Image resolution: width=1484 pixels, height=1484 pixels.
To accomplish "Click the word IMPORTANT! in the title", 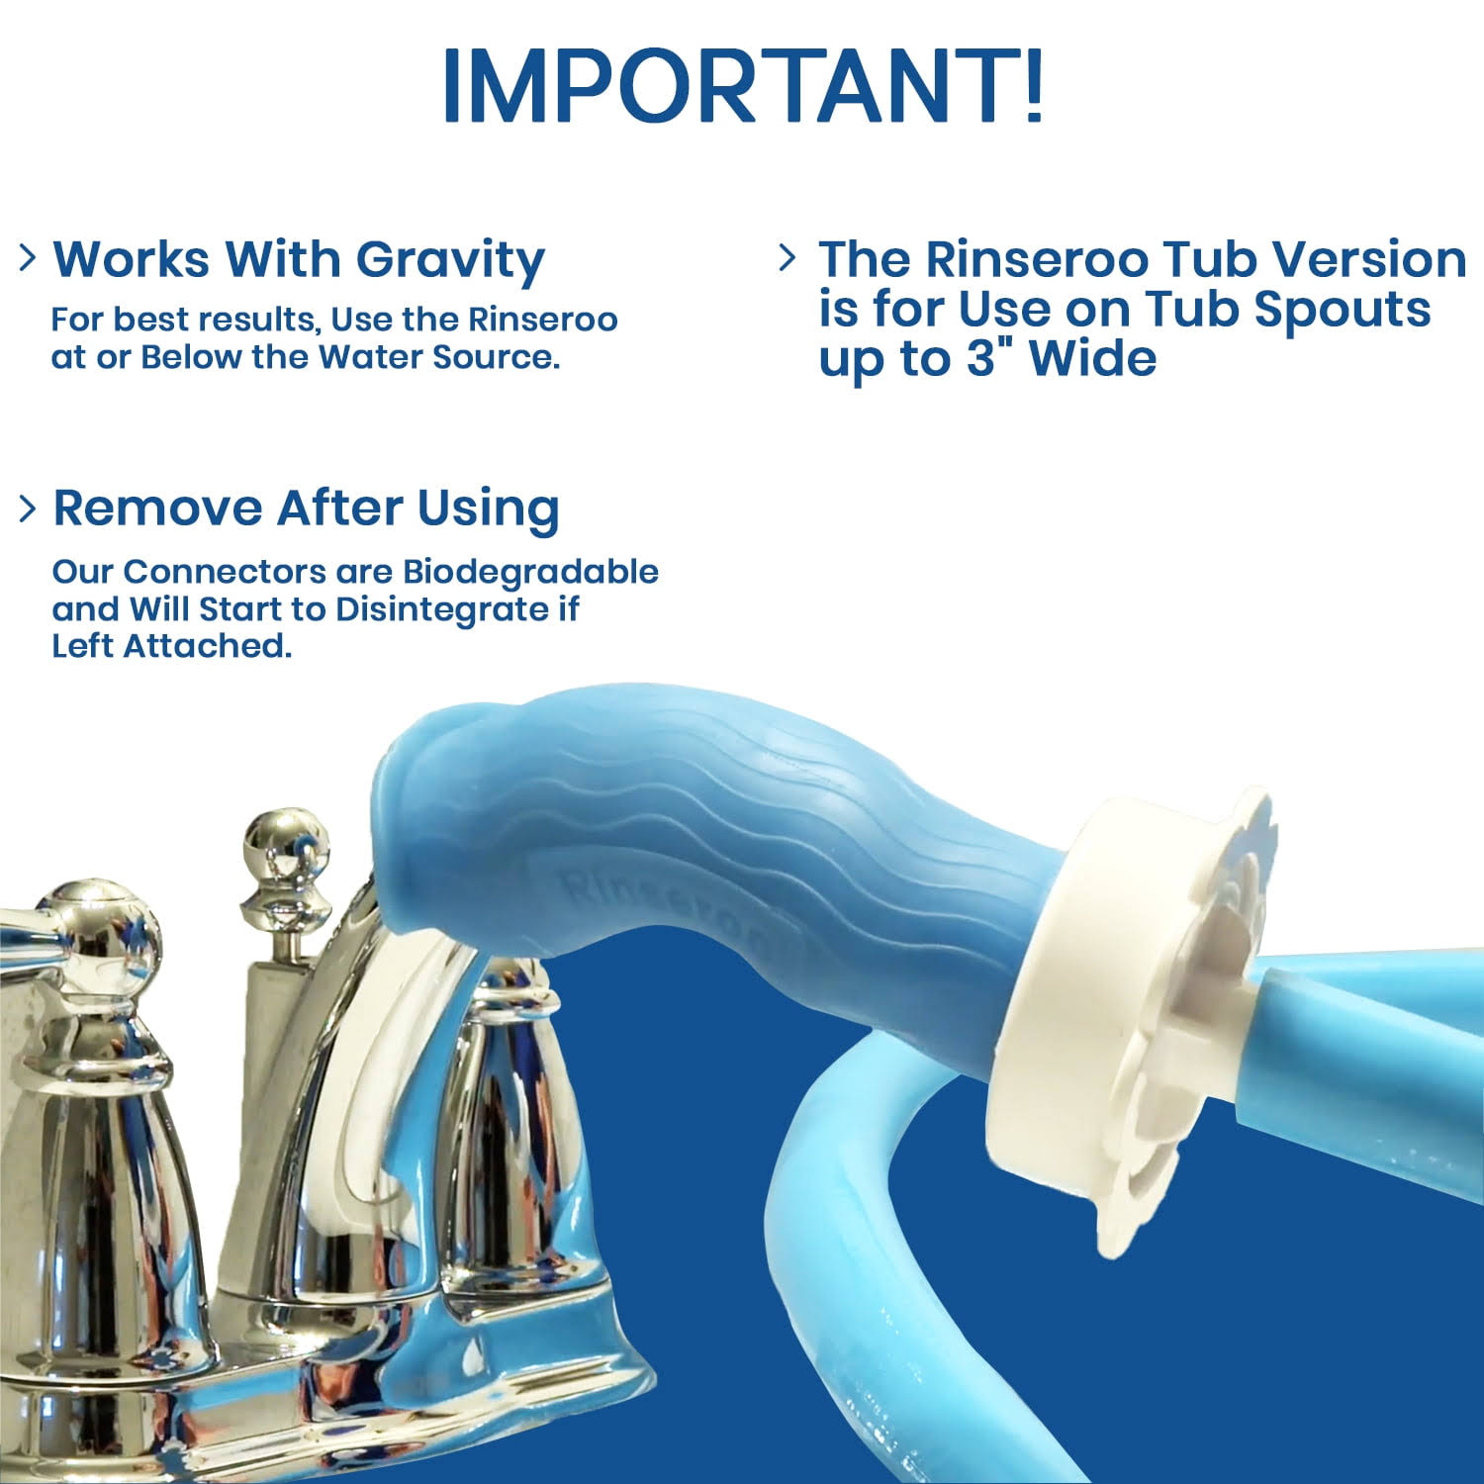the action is (x=742, y=85).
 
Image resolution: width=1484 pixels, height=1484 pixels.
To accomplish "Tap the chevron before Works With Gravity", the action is (x=29, y=258).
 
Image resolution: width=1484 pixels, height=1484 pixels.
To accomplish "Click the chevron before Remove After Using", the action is (x=29, y=508).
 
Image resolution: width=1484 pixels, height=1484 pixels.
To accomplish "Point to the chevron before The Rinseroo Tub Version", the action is (x=788, y=258).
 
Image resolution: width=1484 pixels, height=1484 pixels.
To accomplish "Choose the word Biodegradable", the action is (x=530, y=572).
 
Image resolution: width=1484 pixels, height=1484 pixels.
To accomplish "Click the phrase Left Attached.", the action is (x=172, y=646).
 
